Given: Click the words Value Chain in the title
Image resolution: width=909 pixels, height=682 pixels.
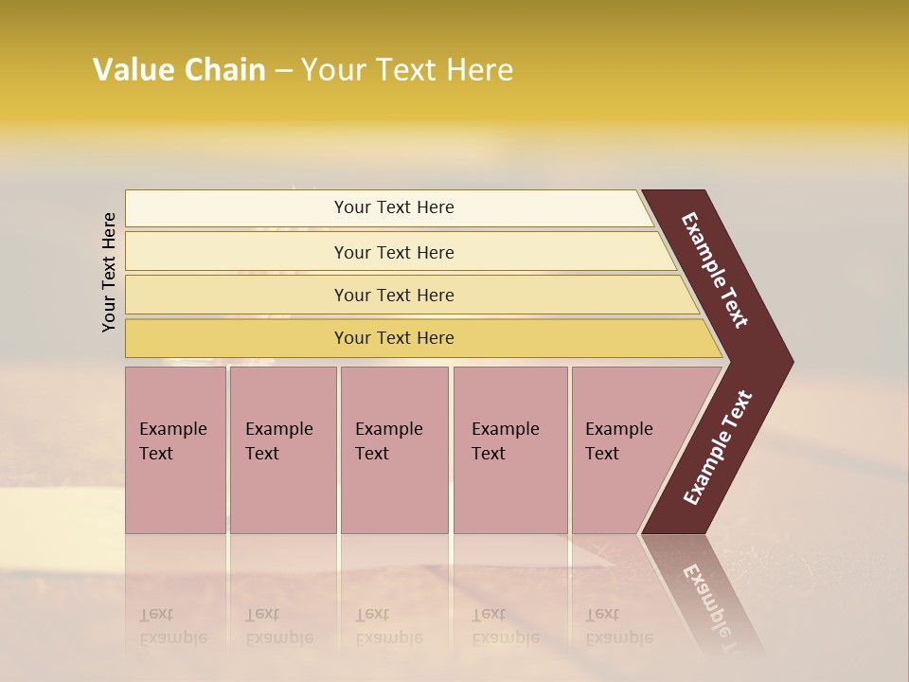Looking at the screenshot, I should pos(179,70).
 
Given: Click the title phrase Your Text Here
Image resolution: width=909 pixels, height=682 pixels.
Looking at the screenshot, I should pos(407,70).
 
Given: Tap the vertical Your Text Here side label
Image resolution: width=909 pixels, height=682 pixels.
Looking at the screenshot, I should pos(109,272).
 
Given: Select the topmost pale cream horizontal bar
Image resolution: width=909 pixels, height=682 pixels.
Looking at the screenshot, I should pos(237,208).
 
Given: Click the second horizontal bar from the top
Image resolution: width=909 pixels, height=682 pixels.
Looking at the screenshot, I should pos(237,252).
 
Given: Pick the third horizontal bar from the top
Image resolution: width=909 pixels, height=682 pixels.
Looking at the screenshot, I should pos(237,296).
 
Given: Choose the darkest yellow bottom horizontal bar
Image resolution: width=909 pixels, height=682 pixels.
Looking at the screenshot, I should pos(237,338).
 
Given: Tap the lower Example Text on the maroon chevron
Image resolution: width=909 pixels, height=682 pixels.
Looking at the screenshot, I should pos(718,447).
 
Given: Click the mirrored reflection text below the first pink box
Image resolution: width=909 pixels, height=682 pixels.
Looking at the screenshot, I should pos(172,626).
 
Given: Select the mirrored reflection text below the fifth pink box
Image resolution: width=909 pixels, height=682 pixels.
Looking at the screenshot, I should pos(618,626).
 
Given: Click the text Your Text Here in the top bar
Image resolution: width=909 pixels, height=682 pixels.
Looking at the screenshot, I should pos(394,207).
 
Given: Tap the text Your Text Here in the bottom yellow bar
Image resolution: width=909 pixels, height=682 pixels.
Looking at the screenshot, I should pos(394,338).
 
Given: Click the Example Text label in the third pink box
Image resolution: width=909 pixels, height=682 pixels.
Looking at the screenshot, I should pos(388,440).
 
